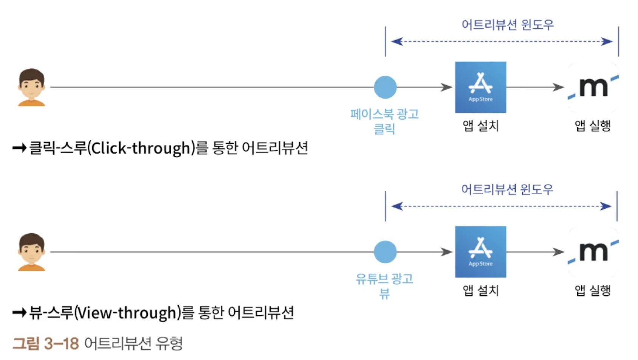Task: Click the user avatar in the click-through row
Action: [32, 87]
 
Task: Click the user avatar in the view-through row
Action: [32, 252]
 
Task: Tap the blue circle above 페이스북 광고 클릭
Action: [385, 87]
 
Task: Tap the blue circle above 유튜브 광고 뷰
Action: [385, 252]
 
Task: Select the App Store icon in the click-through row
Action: [480, 87]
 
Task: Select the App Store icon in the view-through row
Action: [480, 252]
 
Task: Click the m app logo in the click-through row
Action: [593, 87]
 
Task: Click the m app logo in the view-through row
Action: [593, 252]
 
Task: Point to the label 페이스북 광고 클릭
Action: [384, 121]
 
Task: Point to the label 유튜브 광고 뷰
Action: [384, 286]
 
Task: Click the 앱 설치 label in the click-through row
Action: [481, 126]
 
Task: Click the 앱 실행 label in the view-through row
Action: [593, 290]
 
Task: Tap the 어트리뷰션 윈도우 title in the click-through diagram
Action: [508, 25]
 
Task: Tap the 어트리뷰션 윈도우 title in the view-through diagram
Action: [507, 189]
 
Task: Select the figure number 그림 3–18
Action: [46, 343]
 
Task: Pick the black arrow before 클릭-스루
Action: [19, 148]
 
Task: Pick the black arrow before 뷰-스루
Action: [19, 313]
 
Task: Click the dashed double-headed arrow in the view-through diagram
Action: [501, 206]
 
